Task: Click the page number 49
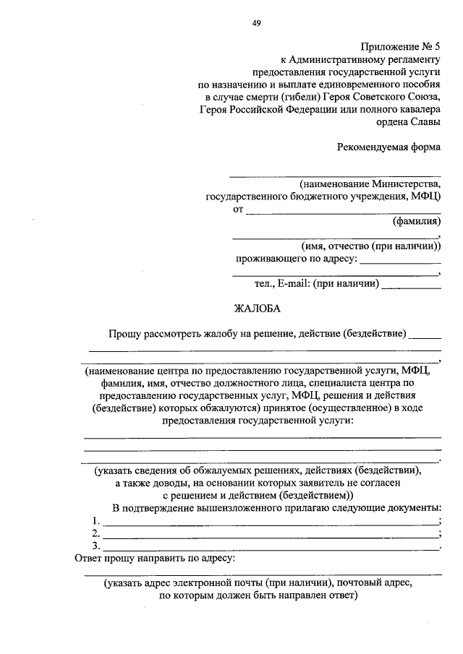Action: tap(256, 22)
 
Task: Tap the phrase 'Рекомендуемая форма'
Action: tap(388, 147)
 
